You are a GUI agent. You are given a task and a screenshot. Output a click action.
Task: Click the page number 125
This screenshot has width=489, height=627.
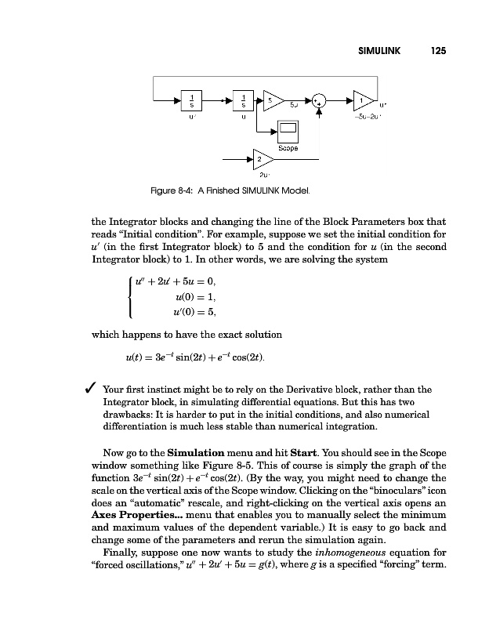438,50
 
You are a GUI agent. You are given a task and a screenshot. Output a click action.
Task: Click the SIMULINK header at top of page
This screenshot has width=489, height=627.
379,50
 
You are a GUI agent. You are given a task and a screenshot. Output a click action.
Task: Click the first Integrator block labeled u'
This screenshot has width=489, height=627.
192,100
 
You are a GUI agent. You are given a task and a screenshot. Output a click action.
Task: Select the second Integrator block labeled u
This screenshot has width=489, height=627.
244,100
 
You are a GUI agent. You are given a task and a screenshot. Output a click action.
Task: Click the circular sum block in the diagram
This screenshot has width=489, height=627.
319,100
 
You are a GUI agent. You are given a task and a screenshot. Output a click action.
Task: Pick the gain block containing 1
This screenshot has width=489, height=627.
362,100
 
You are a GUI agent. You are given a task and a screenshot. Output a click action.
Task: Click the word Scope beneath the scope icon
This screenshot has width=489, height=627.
287,147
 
